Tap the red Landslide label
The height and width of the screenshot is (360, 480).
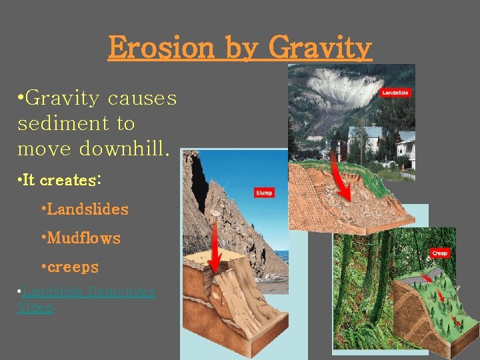pyautogui.click(x=395, y=93)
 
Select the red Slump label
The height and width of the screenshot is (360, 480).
pyautogui.click(x=264, y=193)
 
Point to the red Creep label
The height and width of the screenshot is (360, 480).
pyautogui.click(x=439, y=253)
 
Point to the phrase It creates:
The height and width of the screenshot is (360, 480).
pyautogui.click(x=60, y=181)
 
